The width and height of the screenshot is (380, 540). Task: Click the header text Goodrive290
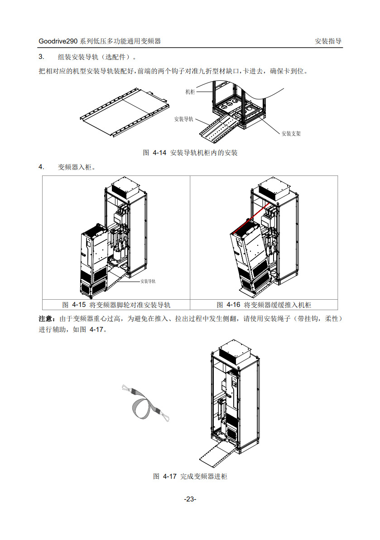click(58, 41)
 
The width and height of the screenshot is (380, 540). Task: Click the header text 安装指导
click(328, 41)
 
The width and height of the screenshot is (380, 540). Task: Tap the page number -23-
click(190, 499)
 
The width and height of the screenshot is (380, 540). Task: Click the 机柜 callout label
click(190, 92)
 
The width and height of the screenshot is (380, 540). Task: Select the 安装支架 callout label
click(291, 134)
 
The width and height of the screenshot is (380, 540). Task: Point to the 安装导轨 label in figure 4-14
click(184, 119)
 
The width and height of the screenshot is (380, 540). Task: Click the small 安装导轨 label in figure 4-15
click(148, 281)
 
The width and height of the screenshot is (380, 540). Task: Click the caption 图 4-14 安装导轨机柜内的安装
click(190, 153)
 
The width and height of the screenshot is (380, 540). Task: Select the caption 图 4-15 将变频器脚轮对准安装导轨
click(116, 305)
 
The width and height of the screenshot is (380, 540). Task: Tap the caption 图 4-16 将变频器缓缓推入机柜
click(264, 305)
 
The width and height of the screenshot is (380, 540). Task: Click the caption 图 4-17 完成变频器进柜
click(190, 476)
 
